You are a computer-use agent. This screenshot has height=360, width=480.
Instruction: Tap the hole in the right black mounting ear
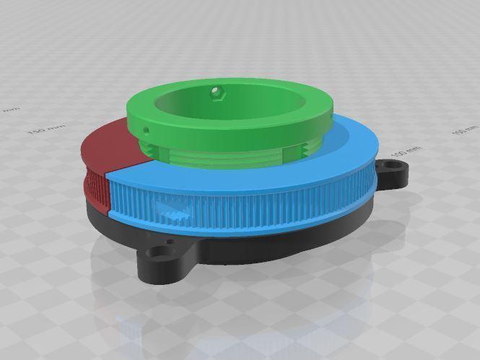(x=393, y=173)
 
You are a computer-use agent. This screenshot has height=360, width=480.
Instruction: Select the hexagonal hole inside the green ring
(x=215, y=92)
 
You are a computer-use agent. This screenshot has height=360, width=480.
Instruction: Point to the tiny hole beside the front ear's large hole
(x=171, y=244)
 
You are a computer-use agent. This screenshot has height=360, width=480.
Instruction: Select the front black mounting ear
(x=162, y=261)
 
